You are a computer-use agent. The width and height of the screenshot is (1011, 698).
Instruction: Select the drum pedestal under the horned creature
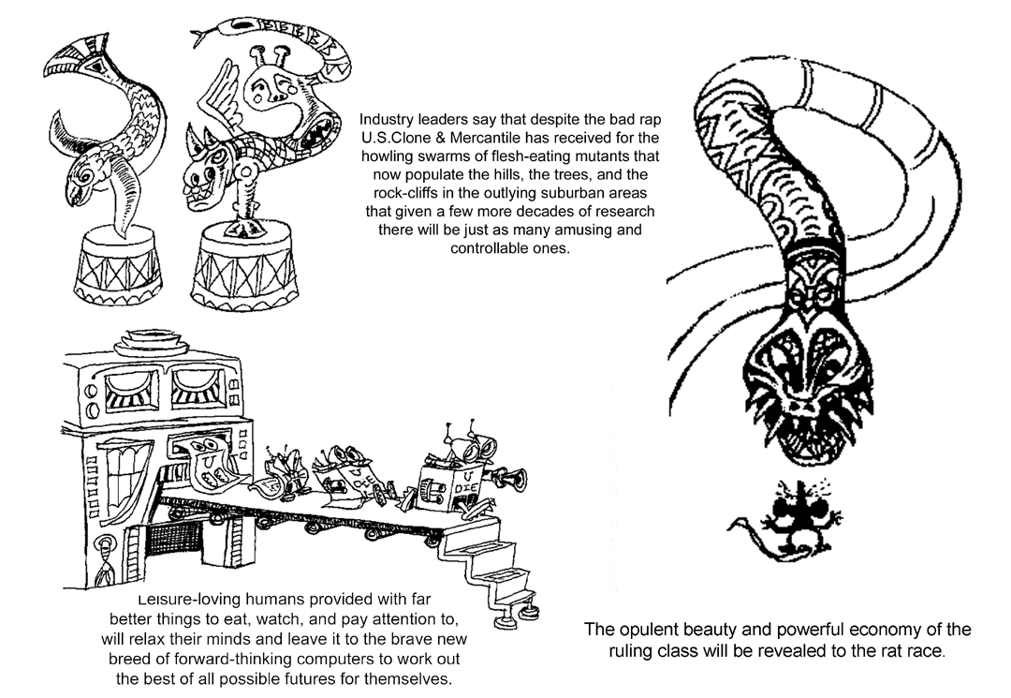coord(238,273)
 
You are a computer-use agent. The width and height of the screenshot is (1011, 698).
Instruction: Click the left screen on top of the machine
coord(130,391)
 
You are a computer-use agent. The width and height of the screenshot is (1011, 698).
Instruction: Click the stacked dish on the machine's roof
coord(152,336)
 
